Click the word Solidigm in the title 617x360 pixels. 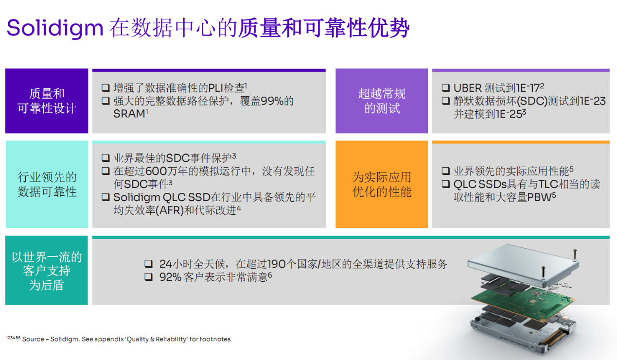point(55,28)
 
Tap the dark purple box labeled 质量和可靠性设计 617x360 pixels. point(47,101)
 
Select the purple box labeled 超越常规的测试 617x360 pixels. point(382,101)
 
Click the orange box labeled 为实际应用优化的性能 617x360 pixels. point(382,184)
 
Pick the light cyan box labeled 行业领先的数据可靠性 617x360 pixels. point(47,184)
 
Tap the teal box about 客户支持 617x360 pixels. point(47,270)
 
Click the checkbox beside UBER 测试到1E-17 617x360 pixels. point(446,88)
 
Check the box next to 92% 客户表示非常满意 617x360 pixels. point(148,276)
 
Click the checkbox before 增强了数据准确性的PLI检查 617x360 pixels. point(106,88)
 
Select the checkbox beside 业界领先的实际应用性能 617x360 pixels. point(446,171)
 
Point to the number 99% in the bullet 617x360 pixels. point(272,101)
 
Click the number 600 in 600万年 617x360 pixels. point(156,171)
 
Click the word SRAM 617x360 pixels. point(129,114)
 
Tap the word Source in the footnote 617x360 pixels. point(33,339)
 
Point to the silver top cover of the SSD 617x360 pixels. point(523,264)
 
